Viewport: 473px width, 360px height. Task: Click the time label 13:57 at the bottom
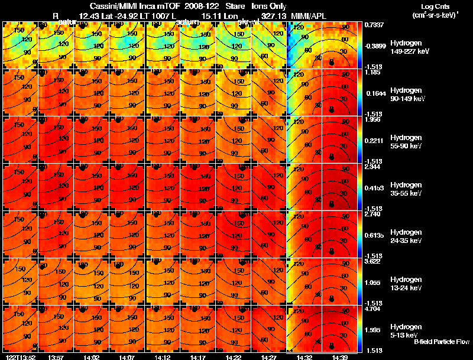[56, 357]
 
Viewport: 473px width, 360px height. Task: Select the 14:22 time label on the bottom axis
[234, 357]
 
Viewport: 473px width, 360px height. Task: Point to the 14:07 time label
[127, 357]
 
